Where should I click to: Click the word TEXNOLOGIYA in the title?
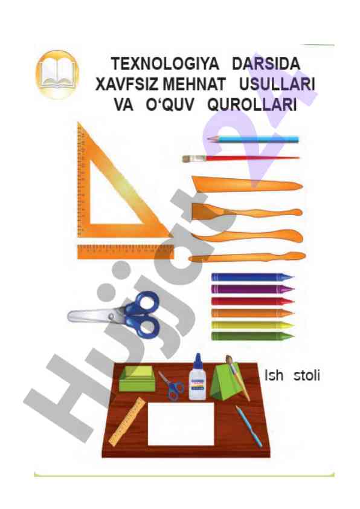point(165,63)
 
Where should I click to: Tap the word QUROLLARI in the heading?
point(252,105)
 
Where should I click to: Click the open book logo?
point(57,74)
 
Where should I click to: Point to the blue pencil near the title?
point(252,139)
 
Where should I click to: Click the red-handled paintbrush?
point(240,158)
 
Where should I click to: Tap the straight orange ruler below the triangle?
point(126,252)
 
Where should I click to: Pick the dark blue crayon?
point(252,277)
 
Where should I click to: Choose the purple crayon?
point(252,289)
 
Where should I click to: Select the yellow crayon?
point(252,325)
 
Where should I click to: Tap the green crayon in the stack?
point(252,336)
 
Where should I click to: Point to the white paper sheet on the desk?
point(181,424)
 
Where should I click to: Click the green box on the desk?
point(137,379)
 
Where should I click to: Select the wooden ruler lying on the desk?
point(127,422)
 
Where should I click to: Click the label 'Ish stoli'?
point(292,375)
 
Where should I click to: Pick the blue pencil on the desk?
point(249,426)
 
